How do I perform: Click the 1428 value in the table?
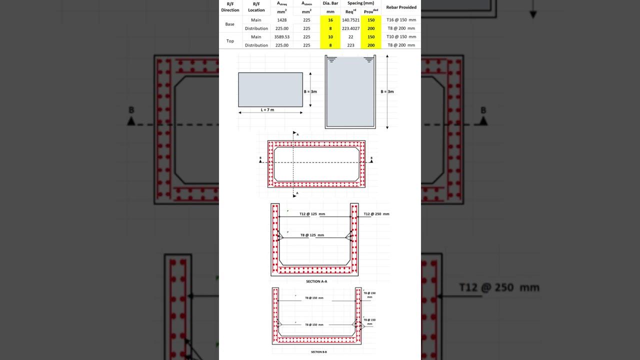pyautogui.click(x=282, y=20)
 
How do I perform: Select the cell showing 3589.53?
pyautogui.click(x=282, y=37)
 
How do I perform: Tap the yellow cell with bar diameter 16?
pyautogui.click(x=330, y=20)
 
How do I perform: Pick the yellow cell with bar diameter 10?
pyautogui.click(x=330, y=37)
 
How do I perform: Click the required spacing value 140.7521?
pyautogui.click(x=350, y=20)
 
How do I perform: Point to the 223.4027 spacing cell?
pyautogui.click(x=350, y=28)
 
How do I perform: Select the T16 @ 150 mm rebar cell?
pyautogui.click(x=401, y=20)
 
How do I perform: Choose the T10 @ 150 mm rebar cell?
pyautogui.click(x=401, y=37)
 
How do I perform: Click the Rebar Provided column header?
pyautogui.click(x=401, y=7)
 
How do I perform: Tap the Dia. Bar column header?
pyautogui.click(x=330, y=3)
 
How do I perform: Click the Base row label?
pyautogui.click(x=229, y=24)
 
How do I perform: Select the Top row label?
pyautogui.click(x=229, y=41)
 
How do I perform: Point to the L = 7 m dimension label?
pyautogui.click(x=267, y=109)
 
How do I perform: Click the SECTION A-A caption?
pyautogui.click(x=316, y=281)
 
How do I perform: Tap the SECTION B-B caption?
pyautogui.click(x=318, y=352)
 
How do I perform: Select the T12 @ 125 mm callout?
pyautogui.click(x=312, y=214)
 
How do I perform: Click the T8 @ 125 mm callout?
pyautogui.click(x=312, y=235)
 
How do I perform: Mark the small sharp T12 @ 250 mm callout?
pyautogui.click(x=376, y=214)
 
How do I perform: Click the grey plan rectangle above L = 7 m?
pyautogui.click(x=270, y=89)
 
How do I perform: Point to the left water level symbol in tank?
pyautogui.click(x=332, y=59)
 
